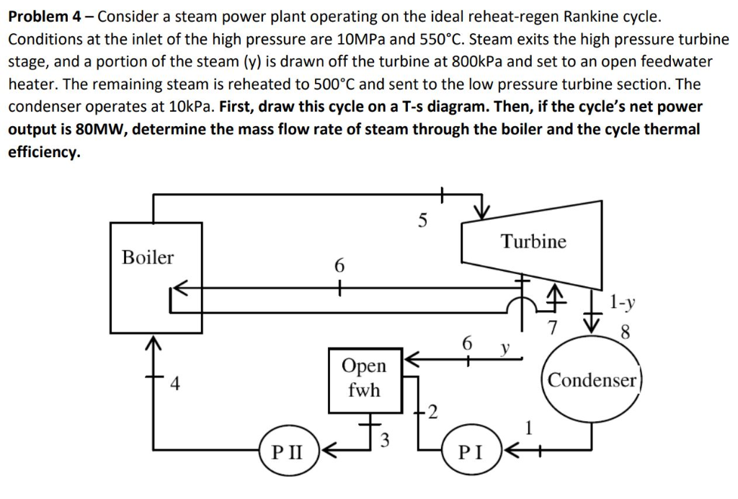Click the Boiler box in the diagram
pos(156,278)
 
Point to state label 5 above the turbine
pos(424,221)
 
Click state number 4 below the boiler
pos(174,382)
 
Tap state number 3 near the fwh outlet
pos(384,442)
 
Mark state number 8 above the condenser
pos(625,334)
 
